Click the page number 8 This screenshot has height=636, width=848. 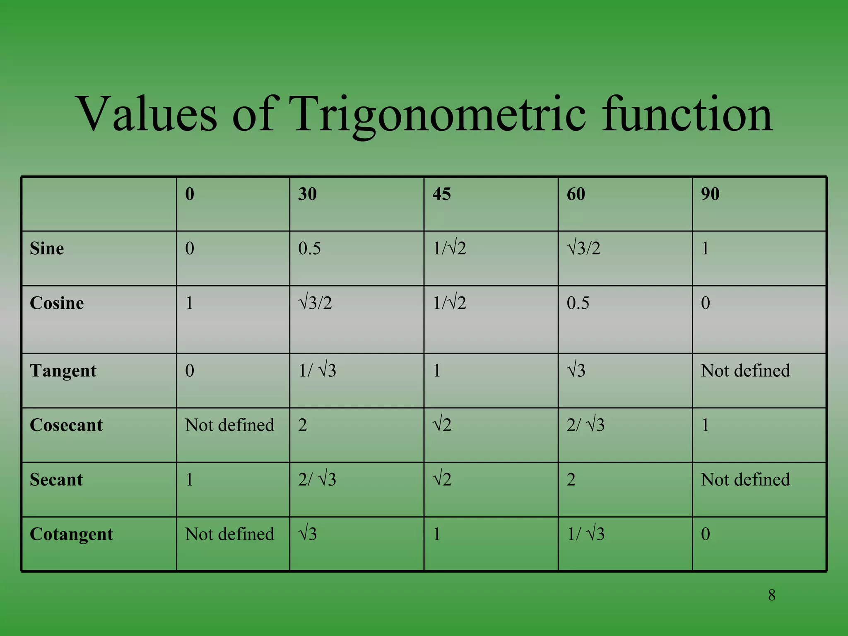(x=771, y=595)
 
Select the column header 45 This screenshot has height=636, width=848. (x=441, y=194)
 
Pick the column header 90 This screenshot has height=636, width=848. (x=710, y=194)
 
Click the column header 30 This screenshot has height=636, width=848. (x=307, y=194)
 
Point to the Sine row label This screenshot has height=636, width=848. (x=47, y=248)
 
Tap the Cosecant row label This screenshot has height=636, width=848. (x=66, y=425)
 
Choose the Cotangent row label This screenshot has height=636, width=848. (x=71, y=534)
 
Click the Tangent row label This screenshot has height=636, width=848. (x=63, y=371)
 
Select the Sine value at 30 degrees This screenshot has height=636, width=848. (x=309, y=248)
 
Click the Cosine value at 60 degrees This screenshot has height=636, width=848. (x=578, y=303)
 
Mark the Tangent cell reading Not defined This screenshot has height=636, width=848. (x=745, y=371)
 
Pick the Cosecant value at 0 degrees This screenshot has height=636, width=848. (x=229, y=425)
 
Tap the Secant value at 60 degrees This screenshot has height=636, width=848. (x=571, y=479)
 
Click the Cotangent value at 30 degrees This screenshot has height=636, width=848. (x=308, y=534)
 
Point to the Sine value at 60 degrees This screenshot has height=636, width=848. (x=583, y=248)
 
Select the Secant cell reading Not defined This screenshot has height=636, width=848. (x=745, y=479)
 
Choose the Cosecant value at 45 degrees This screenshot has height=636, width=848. (x=442, y=425)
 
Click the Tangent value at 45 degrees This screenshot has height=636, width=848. (x=436, y=371)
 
